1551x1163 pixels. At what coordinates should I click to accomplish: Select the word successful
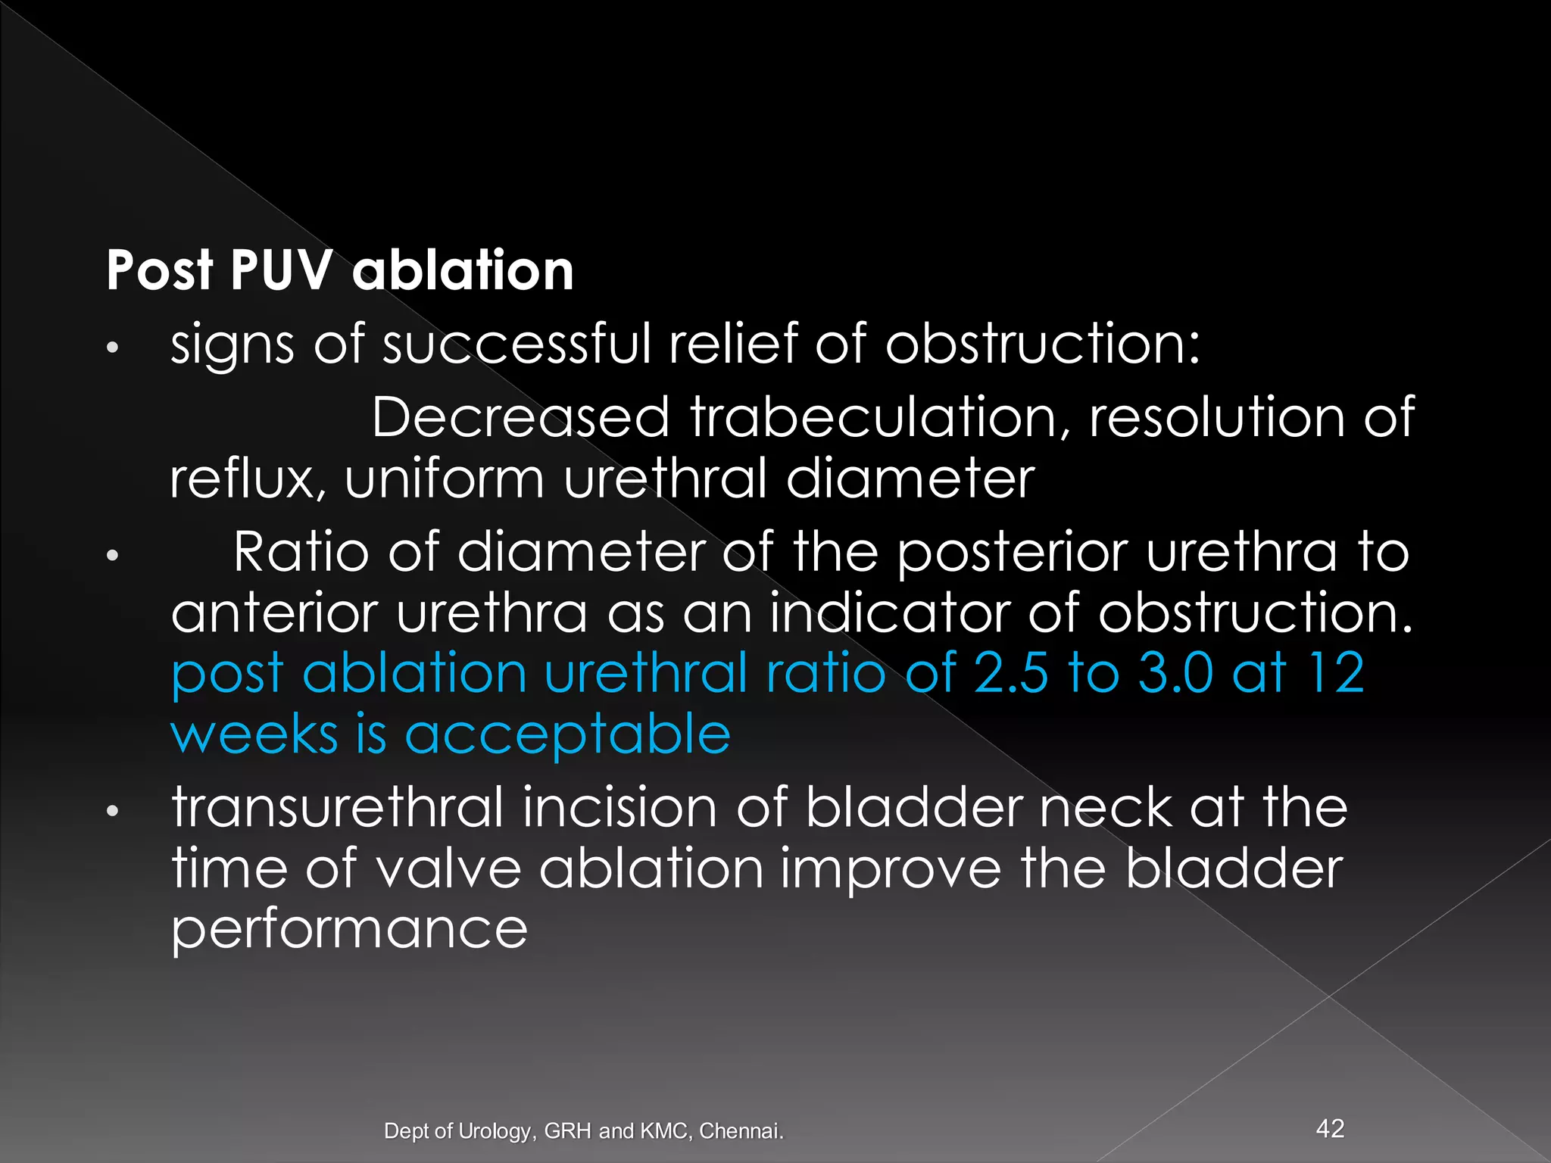pyautogui.click(x=516, y=344)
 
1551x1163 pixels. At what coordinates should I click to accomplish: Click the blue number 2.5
pyautogui.click(x=1011, y=673)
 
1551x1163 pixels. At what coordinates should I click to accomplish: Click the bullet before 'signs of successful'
pyautogui.click(x=112, y=348)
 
